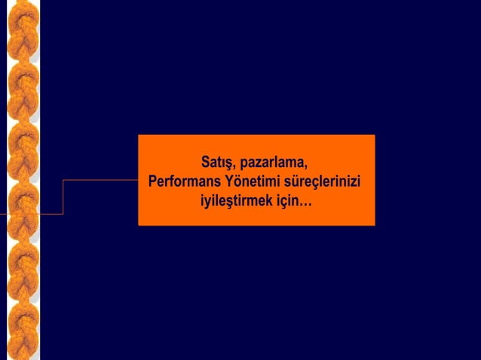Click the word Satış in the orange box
pos(217,163)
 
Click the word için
pos(286,202)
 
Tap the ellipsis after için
pos(305,204)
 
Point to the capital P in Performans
pos(153,182)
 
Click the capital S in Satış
pos(205,163)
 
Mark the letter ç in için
pos(283,203)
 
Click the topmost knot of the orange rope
pos(23,23)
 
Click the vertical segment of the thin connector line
pos(63,197)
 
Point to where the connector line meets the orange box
pos(138,180)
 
